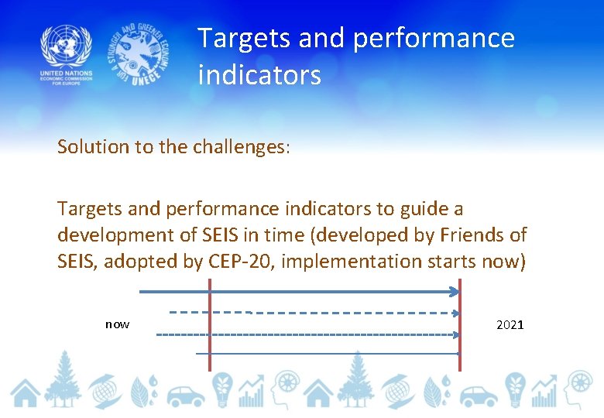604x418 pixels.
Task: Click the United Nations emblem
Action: (x=66, y=46)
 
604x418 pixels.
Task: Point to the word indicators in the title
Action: (x=259, y=75)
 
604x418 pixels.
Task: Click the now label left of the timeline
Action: (x=117, y=324)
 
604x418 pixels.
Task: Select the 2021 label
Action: (x=510, y=324)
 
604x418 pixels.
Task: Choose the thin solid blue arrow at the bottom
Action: (x=325, y=354)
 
